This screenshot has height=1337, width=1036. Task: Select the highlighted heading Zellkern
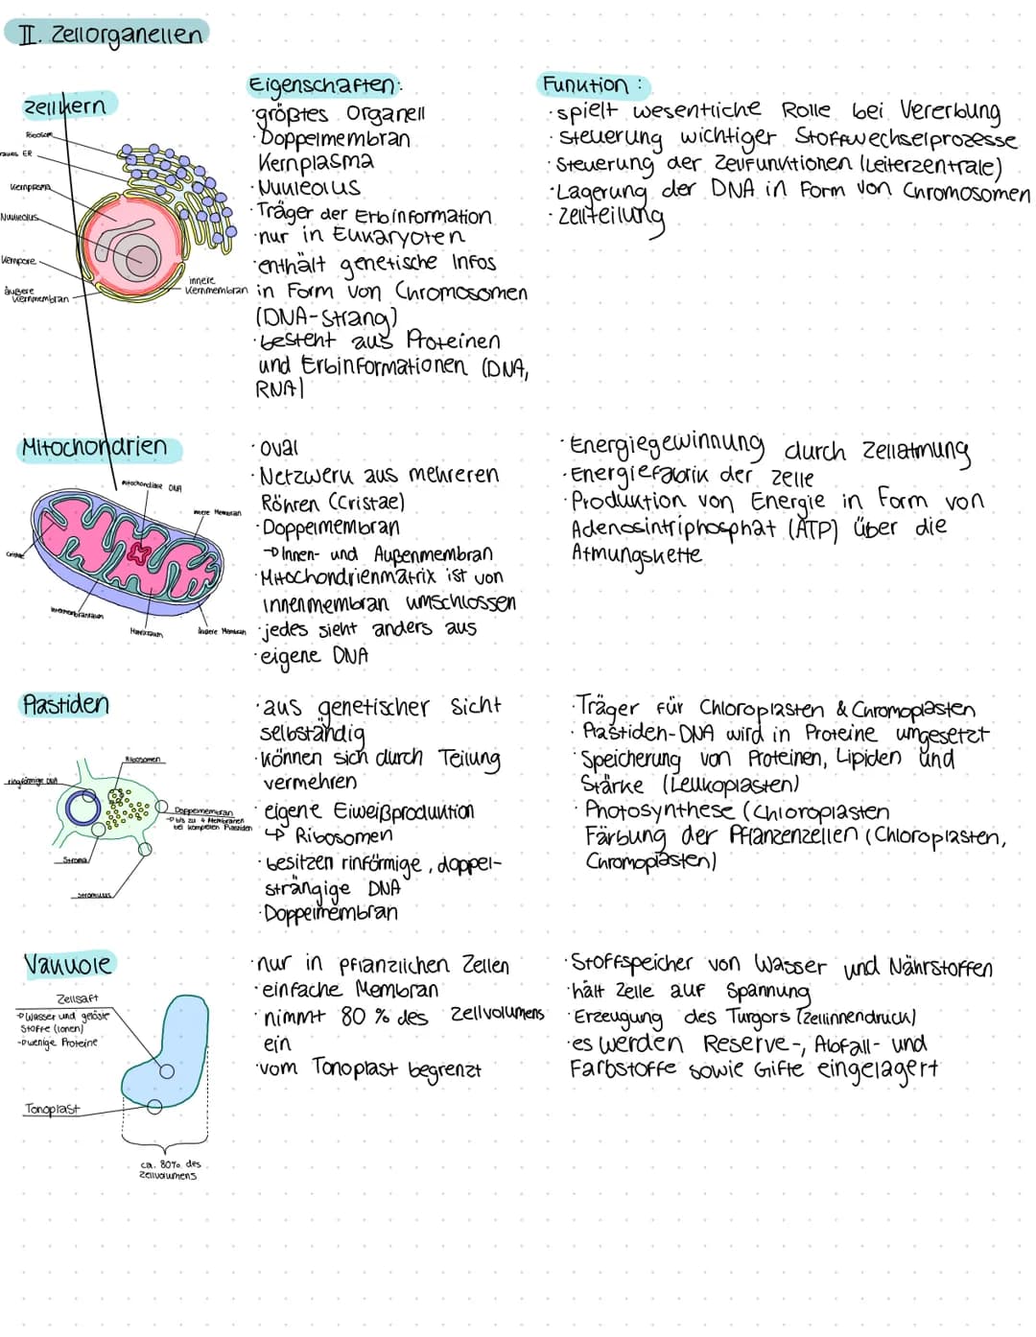(65, 106)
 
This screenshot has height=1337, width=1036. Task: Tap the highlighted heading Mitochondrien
(94, 448)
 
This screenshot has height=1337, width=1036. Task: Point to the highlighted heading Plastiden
(66, 705)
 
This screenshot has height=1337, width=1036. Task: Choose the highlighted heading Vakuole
(68, 963)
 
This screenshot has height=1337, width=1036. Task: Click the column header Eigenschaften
(322, 85)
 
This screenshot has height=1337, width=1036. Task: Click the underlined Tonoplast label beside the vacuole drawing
(52, 1110)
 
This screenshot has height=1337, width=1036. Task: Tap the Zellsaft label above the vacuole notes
(77, 998)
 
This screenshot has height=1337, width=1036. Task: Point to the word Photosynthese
(660, 811)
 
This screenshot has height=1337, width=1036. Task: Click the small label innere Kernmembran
(216, 285)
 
